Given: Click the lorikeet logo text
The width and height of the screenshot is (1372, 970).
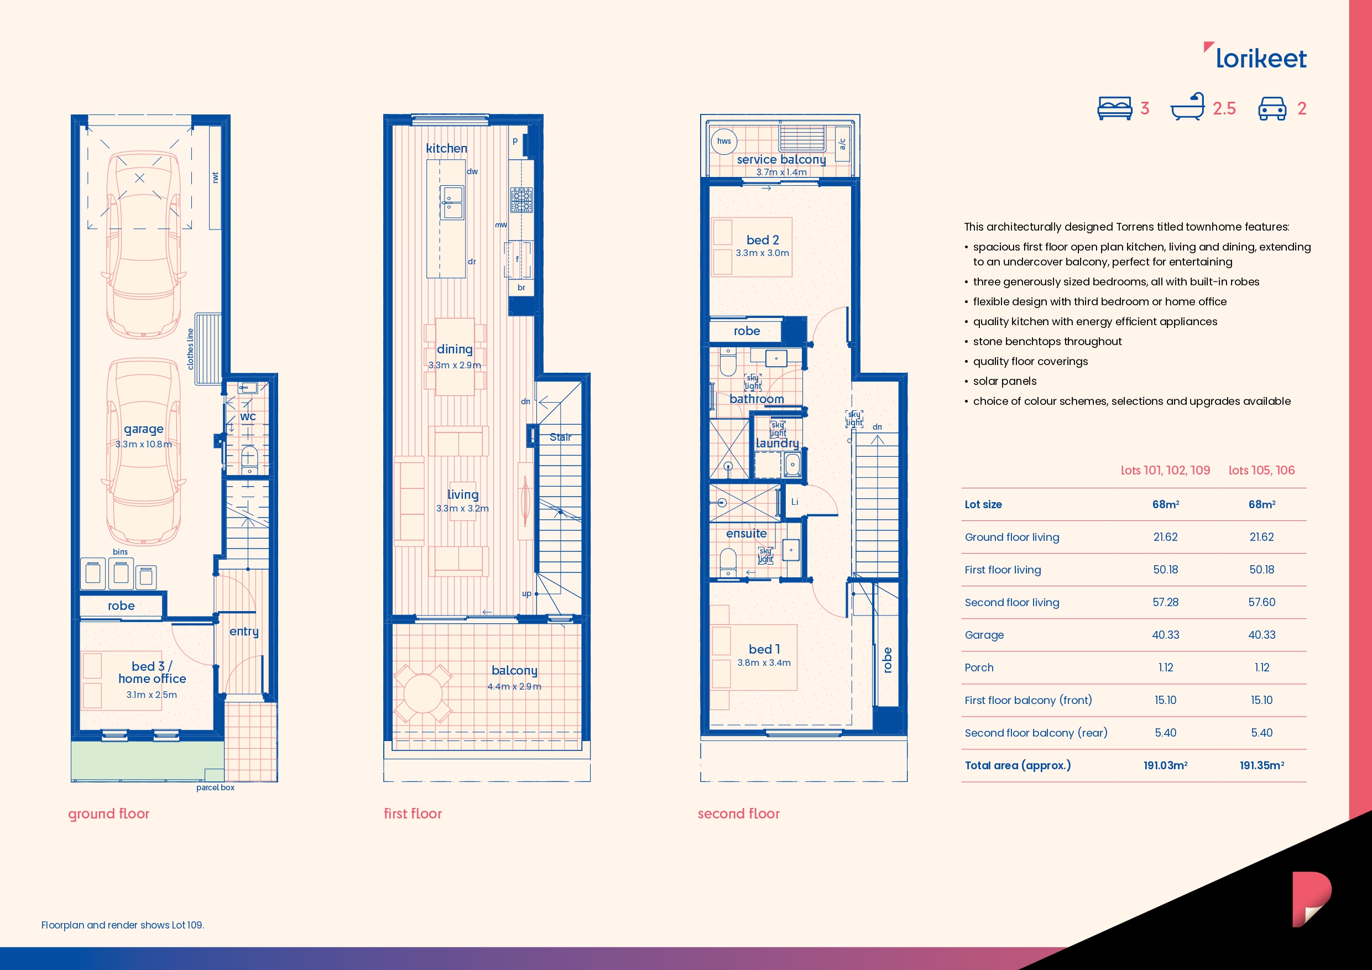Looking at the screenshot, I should (1260, 59).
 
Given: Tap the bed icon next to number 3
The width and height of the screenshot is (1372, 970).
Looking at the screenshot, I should (1114, 108).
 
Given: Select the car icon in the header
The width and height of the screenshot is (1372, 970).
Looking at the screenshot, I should (1272, 108).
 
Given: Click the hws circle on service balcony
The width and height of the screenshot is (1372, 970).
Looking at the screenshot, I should (724, 142).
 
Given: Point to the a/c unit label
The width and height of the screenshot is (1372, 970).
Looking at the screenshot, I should (842, 144).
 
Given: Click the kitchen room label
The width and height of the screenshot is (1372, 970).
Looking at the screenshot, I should (446, 148).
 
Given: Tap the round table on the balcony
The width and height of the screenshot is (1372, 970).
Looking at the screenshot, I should (422, 693).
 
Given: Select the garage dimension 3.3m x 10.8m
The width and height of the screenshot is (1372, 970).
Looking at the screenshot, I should (143, 444).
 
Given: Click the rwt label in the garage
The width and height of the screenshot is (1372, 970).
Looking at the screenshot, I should (215, 178).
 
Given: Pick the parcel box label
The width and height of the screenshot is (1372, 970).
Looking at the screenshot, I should (215, 788).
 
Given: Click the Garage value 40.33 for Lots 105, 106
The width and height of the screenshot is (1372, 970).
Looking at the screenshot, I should (1261, 635).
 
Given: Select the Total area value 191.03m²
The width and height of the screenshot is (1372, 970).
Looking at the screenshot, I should (1165, 765).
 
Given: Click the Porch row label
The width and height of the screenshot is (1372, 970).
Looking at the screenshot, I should (979, 667).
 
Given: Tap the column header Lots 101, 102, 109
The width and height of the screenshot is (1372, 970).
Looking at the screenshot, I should (1165, 471).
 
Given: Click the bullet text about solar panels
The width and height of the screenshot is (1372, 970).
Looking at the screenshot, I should (1004, 381).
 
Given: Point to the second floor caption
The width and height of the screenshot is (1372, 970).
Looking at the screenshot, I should (739, 813).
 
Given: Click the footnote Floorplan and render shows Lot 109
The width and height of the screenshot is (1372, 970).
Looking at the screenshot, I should (123, 925).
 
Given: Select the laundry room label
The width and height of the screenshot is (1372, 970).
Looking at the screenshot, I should (777, 444).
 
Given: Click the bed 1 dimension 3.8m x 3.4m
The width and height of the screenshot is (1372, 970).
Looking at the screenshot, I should (764, 663).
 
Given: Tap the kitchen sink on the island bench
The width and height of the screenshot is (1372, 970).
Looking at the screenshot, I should (452, 202).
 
